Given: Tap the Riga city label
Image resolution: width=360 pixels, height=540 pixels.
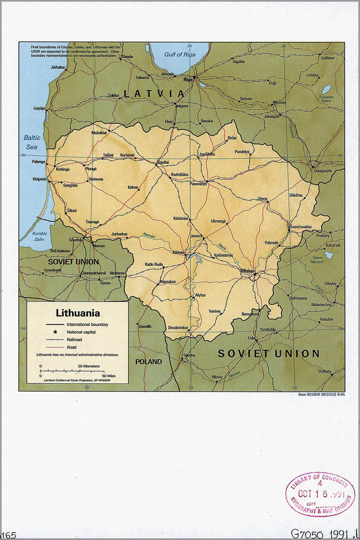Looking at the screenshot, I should (x=188, y=79).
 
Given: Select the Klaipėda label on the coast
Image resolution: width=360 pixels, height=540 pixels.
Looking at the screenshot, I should (x=39, y=178).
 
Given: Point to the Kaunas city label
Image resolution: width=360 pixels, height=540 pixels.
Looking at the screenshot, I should (x=179, y=252).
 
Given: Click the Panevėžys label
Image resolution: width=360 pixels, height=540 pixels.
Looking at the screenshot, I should (x=198, y=184).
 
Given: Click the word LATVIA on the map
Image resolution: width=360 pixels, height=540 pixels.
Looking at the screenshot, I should (x=154, y=93).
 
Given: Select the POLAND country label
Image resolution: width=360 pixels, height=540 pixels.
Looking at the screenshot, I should (x=148, y=361).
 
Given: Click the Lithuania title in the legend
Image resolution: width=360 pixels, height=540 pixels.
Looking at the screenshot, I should (x=78, y=313).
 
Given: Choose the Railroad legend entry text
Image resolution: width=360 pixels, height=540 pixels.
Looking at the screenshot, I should (x=75, y=339).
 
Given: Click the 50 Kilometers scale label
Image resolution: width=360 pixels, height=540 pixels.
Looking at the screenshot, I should (x=89, y=366).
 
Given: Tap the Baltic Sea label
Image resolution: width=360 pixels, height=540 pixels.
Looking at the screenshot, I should (x=32, y=142).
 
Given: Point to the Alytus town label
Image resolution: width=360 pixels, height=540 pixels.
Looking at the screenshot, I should (x=200, y=295).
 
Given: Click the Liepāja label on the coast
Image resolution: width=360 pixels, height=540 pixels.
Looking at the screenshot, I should (x=39, y=108).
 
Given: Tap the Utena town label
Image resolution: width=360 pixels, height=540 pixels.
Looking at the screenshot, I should (x=262, y=199).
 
